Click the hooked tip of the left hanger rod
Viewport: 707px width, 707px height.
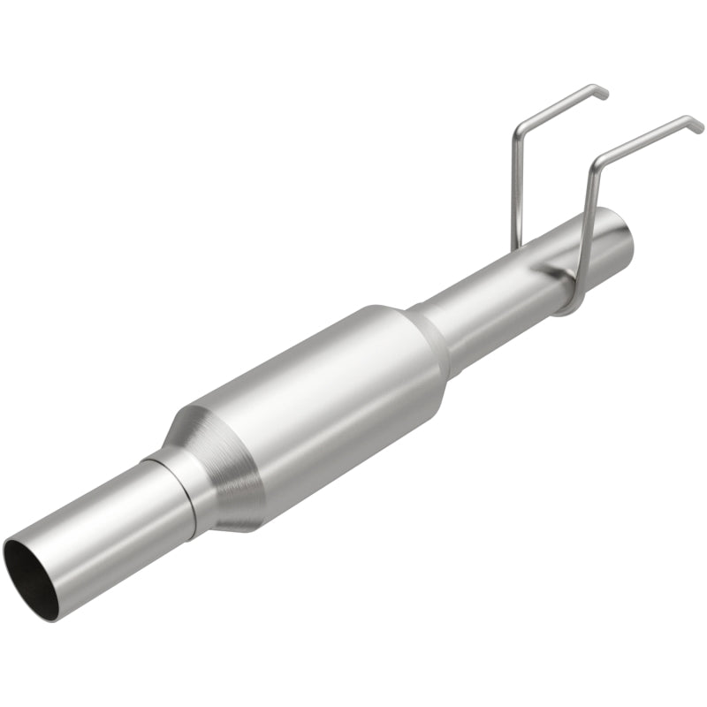(602, 90)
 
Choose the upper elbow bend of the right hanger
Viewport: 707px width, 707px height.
(596, 160)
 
